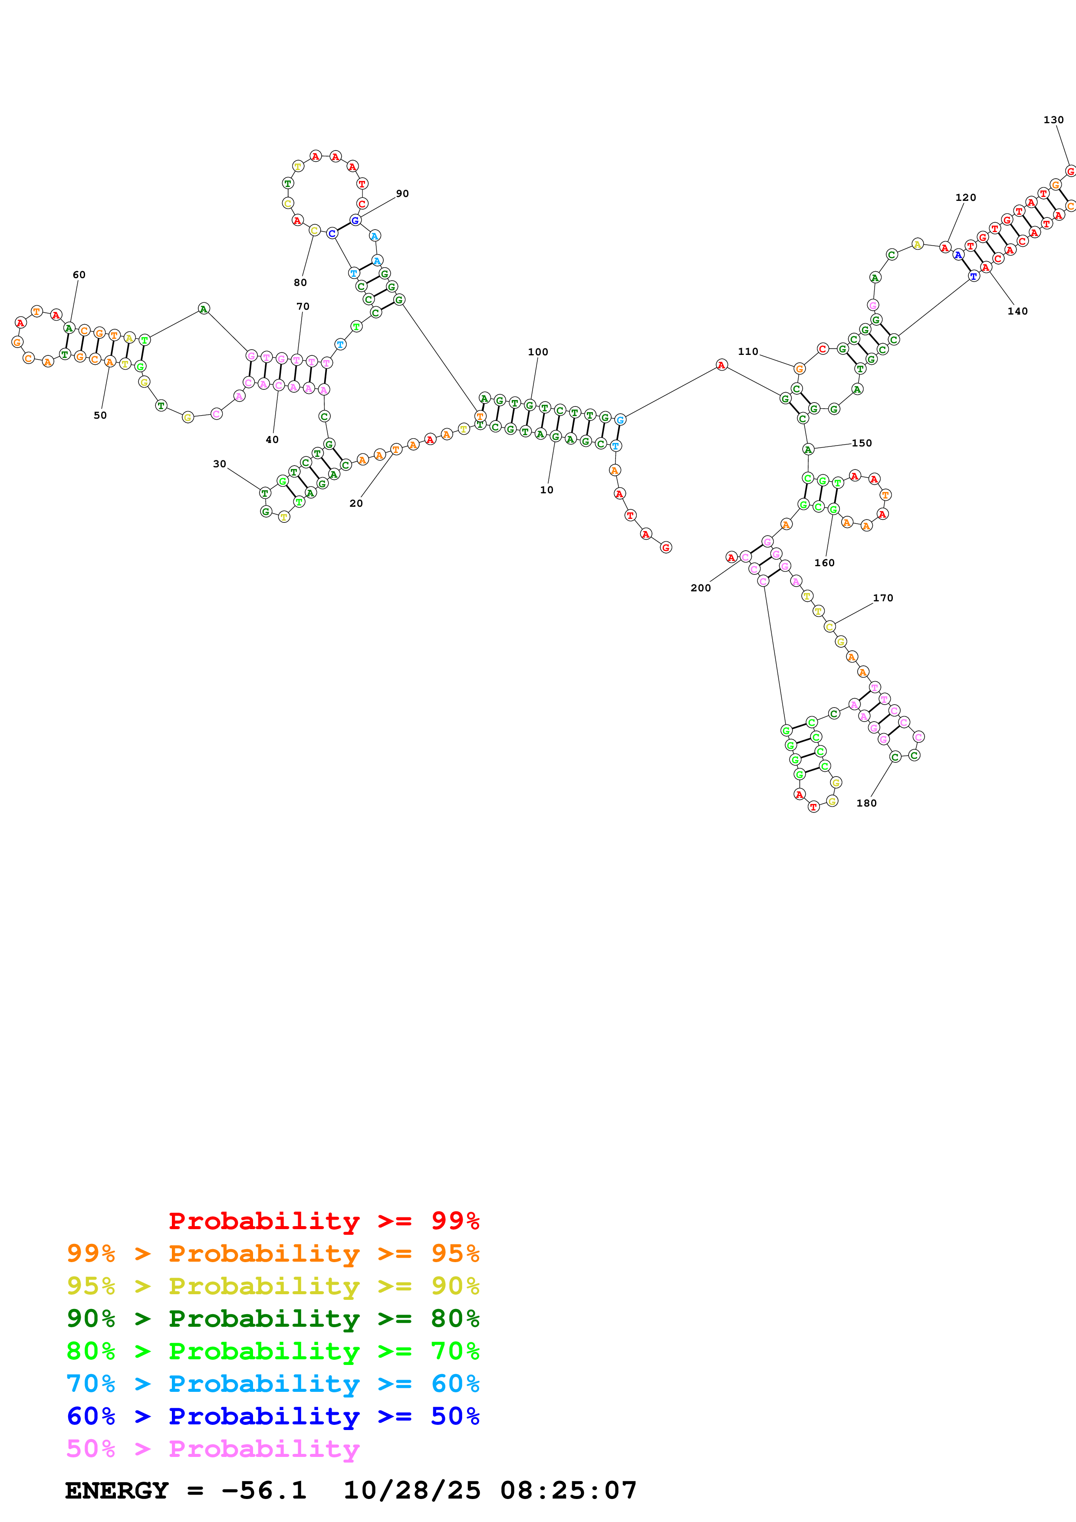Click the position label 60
(x=79, y=275)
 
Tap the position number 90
(x=402, y=194)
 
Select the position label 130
(x=1053, y=120)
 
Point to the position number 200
(x=701, y=588)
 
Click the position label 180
(x=866, y=804)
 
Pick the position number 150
(x=862, y=443)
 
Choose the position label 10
(x=546, y=490)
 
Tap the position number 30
(x=220, y=464)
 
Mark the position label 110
(x=748, y=351)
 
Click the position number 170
(x=883, y=598)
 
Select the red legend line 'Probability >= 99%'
(x=324, y=1221)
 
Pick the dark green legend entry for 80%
(x=273, y=1319)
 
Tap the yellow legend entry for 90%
(x=273, y=1286)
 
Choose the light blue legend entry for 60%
(x=273, y=1384)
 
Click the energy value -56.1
(x=264, y=1491)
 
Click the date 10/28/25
(x=412, y=1491)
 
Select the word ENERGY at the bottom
(x=117, y=1491)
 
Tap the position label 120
(x=965, y=197)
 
